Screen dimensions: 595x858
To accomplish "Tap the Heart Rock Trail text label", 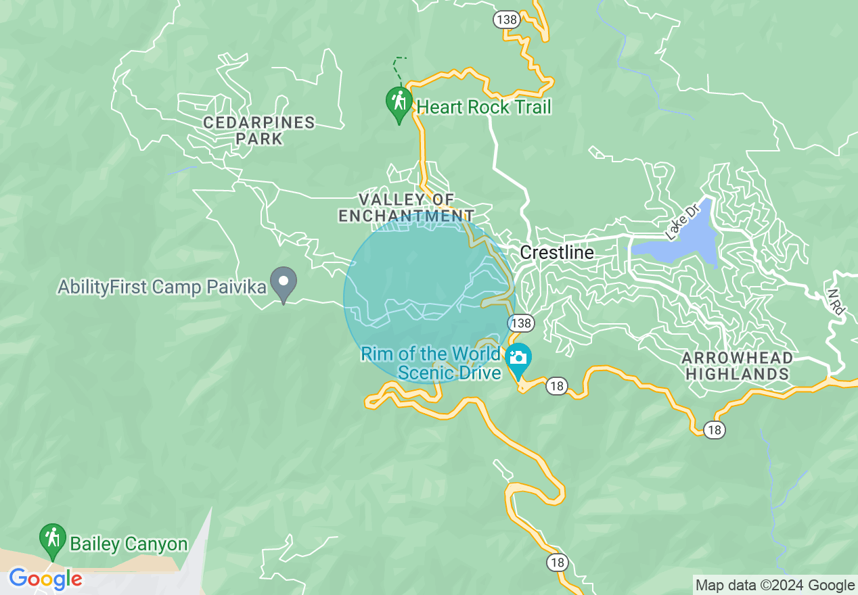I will tap(484, 107).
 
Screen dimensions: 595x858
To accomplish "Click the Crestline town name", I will tap(557, 253).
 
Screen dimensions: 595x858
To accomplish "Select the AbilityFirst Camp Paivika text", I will tap(162, 287).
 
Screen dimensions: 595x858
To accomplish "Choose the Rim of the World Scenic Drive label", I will tap(432, 363).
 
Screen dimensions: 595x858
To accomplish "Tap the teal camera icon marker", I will tap(518, 359).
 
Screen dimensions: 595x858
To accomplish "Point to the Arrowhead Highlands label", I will tap(737, 366).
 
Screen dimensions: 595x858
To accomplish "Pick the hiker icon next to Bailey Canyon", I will tap(52, 539).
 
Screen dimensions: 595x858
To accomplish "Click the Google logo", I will tap(45, 579).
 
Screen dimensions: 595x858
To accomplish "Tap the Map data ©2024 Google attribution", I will tap(775, 585).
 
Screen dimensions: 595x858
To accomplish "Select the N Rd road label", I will tap(836, 302).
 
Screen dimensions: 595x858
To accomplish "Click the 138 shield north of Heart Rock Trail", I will tap(506, 20).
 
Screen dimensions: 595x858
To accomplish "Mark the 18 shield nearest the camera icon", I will tap(556, 386).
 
